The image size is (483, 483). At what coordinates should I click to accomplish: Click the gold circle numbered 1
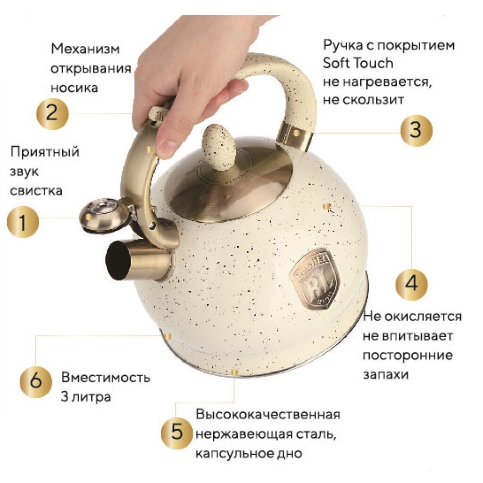23,222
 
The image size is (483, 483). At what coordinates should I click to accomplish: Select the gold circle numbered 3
416,130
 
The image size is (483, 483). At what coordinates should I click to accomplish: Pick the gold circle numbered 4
411,283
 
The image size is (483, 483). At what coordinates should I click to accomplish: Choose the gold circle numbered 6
36,381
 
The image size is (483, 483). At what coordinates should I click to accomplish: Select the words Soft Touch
358,64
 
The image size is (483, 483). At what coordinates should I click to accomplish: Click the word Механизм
85,49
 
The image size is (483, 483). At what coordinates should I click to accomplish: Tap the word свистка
36,191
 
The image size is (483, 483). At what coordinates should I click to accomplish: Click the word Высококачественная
268,415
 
